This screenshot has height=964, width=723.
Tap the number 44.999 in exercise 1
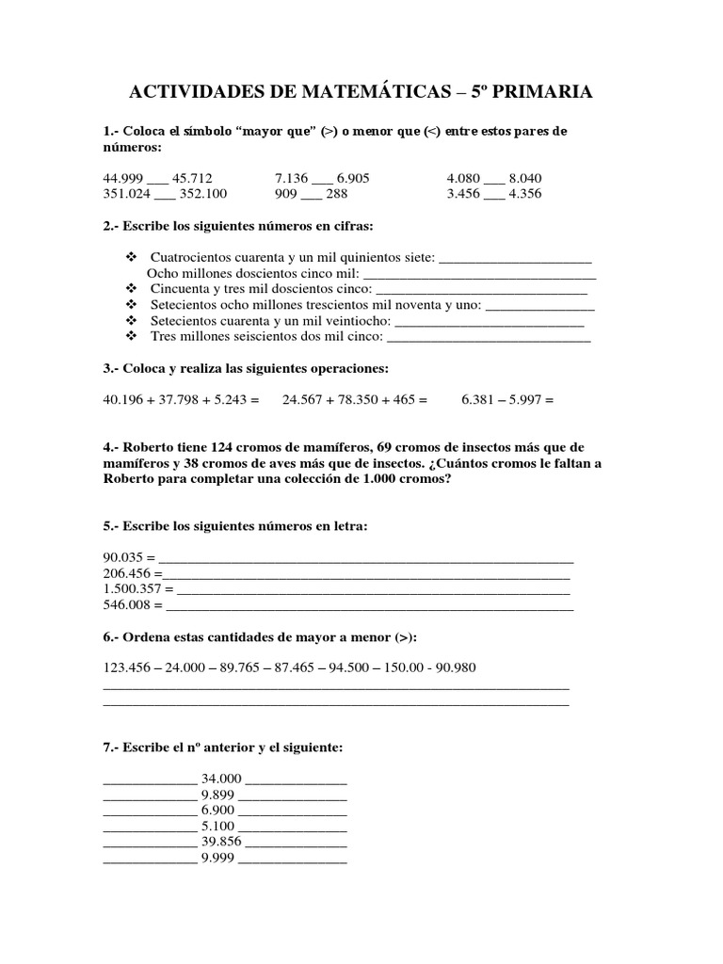(x=124, y=178)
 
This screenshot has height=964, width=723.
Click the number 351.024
(x=127, y=194)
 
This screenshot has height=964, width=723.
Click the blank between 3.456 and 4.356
(x=494, y=196)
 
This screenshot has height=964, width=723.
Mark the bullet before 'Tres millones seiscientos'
(x=131, y=336)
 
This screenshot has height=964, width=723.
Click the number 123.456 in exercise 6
(x=127, y=668)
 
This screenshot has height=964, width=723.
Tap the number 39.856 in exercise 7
(x=221, y=843)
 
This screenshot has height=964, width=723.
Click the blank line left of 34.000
(x=149, y=780)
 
